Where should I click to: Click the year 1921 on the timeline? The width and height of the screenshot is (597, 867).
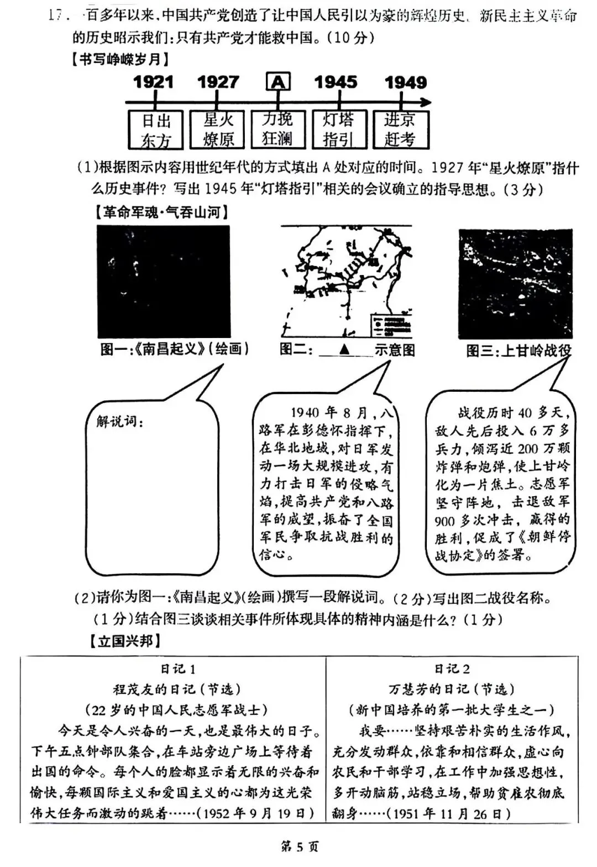pyautogui.click(x=153, y=82)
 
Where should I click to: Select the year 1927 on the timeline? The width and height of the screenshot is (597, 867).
pyautogui.click(x=218, y=82)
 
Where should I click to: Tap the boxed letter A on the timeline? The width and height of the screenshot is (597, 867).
pyautogui.click(x=278, y=82)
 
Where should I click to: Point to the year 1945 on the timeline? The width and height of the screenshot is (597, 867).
pyautogui.click(x=336, y=82)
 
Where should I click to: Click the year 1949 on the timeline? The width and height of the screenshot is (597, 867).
pyautogui.click(x=406, y=82)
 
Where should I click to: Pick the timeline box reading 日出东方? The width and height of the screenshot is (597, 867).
pyautogui.click(x=156, y=130)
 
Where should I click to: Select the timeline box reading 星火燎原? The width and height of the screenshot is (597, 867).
pyautogui.click(x=217, y=130)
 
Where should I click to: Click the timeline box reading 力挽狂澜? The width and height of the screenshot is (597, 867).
pyautogui.click(x=277, y=129)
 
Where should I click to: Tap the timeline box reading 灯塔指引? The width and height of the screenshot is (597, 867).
pyautogui.click(x=338, y=129)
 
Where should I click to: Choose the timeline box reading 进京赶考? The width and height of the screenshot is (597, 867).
pyautogui.click(x=400, y=129)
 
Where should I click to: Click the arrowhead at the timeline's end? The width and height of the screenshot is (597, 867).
pyautogui.click(x=426, y=102)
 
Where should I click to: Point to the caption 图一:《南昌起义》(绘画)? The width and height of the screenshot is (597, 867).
pyautogui.click(x=174, y=349)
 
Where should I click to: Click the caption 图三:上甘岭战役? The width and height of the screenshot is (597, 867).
pyautogui.click(x=519, y=351)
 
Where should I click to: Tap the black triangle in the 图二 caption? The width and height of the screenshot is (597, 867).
pyautogui.click(x=344, y=350)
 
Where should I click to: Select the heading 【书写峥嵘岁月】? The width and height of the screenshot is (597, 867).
pyautogui.click(x=119, y=59)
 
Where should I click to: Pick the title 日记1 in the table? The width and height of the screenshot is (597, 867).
pyautogui.click(x=177, y=669)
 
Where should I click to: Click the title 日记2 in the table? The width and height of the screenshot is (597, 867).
pyautogui.click(x=452, y=669)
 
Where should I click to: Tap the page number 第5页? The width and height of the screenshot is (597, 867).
pyautogui.click(x=300, y=847)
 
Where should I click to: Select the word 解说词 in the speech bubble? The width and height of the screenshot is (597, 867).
pyautogui.click(x=119, y=422)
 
